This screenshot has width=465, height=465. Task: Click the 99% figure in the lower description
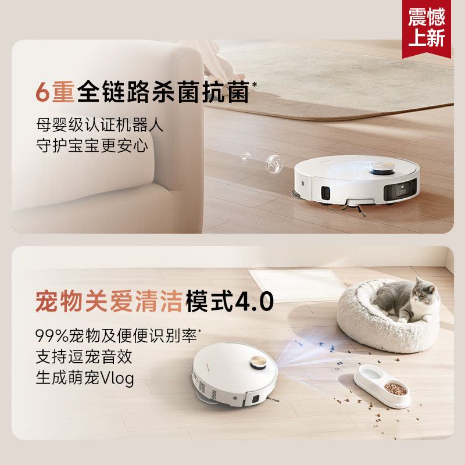(x=48, y=336)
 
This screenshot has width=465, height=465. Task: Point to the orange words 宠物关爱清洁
(x=108, y=302)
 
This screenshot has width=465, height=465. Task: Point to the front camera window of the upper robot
(x=400, y=190)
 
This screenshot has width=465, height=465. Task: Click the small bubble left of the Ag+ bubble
(x=245, y=156)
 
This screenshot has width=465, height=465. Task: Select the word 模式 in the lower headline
(x=203, y=302)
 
